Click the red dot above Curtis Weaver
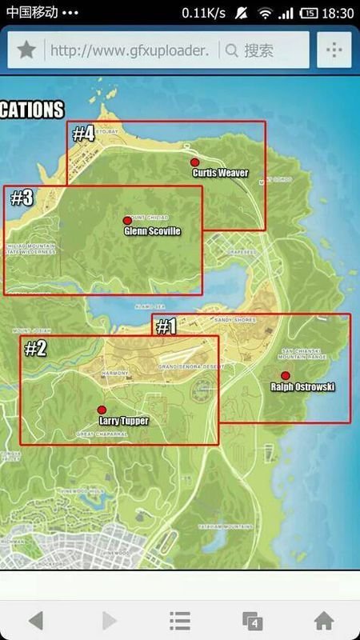pos(194,162)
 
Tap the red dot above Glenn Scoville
pos(126,220)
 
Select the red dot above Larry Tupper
pos(102,410)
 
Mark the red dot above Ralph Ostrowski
pos(286,375)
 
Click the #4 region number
pos(84,134)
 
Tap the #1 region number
pos(166,326)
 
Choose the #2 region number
pos(36,348)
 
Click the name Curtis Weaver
pos(220,173)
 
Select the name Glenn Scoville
pos(152,231)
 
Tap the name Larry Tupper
pos(123,420)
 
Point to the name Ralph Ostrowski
pos(303,387)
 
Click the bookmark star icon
pos(26,50)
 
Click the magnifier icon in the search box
pos(232,50)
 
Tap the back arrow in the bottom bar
pos(36,620)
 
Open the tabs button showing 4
pos(252,620)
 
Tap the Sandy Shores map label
pos(234,320)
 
